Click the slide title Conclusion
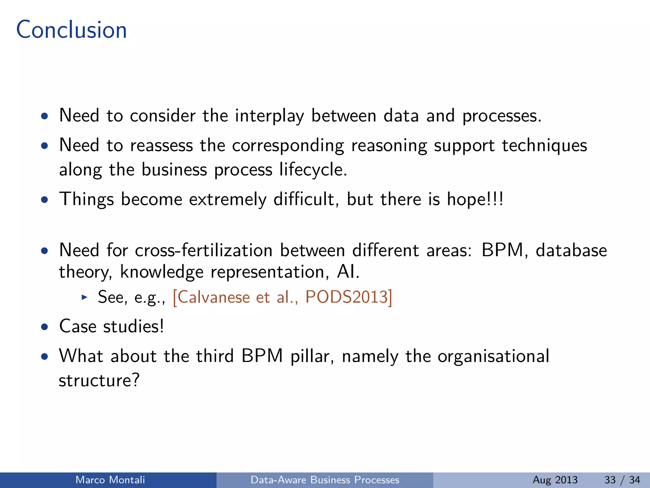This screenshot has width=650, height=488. (x=71, y=30)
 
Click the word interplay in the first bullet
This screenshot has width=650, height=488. (x=269, y=116)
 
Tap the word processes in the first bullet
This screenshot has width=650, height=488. (x=501, y=116)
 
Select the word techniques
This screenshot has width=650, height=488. (x=544, y=146)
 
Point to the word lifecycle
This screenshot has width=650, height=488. (x=313, y=169)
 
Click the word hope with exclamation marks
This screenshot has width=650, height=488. (x=475, y=199)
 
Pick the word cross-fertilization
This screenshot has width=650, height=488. (x=204, y=250)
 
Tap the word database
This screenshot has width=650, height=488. (x=571, y=250)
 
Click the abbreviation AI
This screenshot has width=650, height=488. (x=348, y=272)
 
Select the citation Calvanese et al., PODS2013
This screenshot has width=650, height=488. (x=282, y=297)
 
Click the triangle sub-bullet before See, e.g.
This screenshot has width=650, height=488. (x=84, y=297)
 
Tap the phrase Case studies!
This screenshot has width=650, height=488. (x=111, y=326)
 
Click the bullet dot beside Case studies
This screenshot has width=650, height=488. (x=45, y=327)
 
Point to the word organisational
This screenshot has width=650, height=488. (x=493, y=356)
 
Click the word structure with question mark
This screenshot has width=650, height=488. (x=99, y=380)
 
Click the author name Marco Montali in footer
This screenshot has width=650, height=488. (x=110, y=480)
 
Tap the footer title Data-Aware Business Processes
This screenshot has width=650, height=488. (x=325, y=480)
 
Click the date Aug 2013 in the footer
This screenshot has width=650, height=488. (x=555, y=480)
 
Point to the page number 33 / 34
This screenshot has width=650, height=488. (x=622, y=480)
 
